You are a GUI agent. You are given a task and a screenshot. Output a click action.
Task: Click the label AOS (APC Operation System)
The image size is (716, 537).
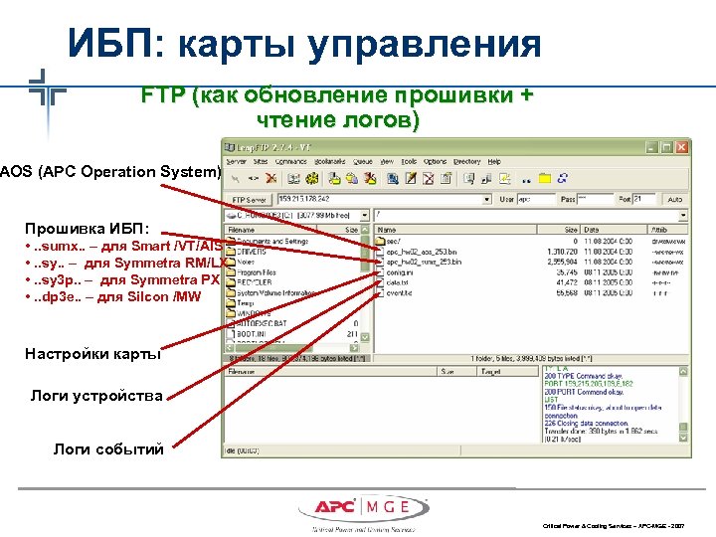coord(110,171)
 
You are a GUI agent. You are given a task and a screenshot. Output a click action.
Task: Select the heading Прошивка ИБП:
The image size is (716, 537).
coord(88,227)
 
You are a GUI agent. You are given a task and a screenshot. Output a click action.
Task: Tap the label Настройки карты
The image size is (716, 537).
coord(93,353)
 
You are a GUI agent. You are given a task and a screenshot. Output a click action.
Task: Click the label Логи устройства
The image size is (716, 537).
coord(96,396)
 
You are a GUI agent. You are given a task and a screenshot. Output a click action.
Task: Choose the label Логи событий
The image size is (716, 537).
coord(108,449)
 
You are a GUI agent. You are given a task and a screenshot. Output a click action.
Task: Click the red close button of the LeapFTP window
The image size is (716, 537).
coord(680,145)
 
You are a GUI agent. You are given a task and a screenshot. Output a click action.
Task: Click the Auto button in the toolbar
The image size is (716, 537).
coord(675,199)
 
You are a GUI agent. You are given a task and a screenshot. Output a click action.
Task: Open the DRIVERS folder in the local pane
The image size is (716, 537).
coord(253,253)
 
